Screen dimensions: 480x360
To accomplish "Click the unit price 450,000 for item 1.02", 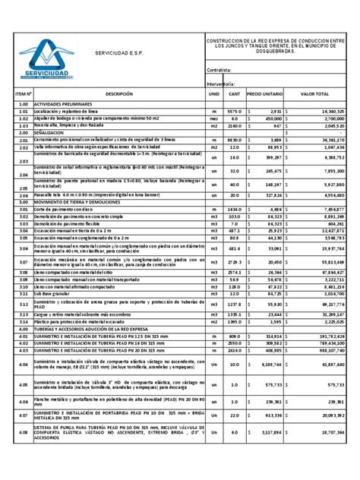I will [269, 118].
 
